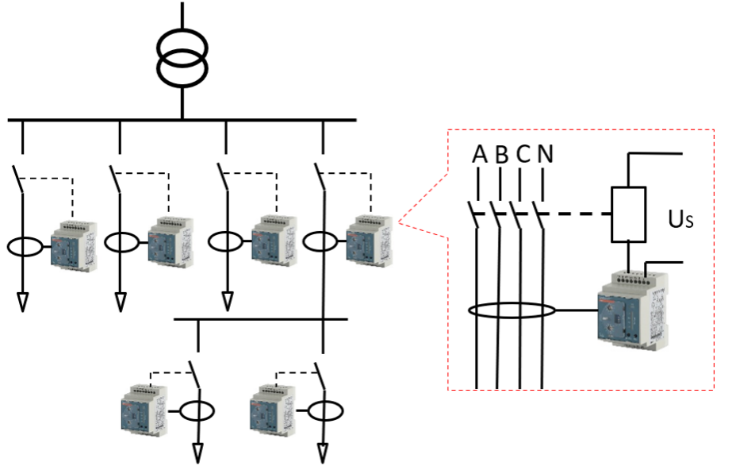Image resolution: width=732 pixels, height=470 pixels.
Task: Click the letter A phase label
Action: coord(479,154)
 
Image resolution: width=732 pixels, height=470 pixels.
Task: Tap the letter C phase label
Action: coord(523,154)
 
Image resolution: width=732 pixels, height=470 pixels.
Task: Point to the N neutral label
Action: coord(544,154)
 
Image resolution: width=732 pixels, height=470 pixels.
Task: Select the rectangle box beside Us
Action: coord(628,214)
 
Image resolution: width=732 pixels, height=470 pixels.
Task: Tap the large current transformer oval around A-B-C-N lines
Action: coord(512,310)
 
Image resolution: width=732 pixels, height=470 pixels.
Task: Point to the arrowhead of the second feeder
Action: coord(121,302)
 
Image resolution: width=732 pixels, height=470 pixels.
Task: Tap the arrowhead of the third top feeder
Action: coord(228,302)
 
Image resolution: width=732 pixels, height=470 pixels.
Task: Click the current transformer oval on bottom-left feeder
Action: coord(196,411)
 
